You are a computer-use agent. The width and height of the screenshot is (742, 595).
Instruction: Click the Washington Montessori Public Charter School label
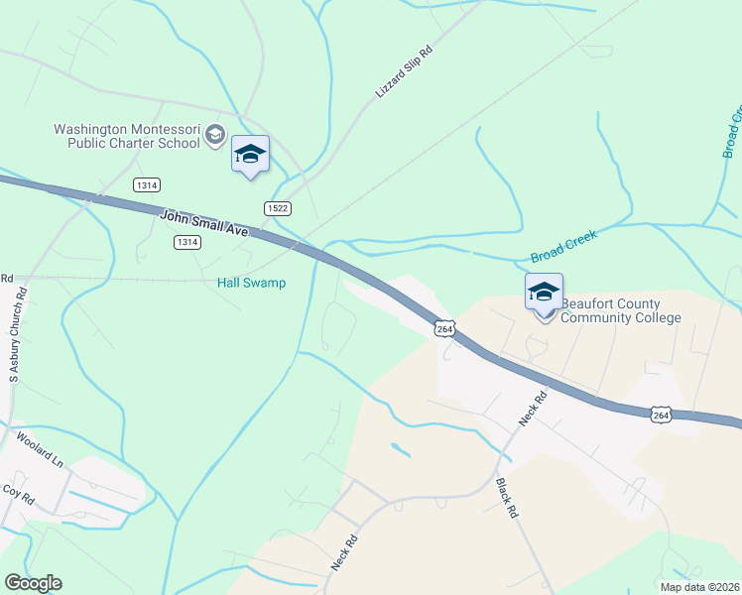(127, 136)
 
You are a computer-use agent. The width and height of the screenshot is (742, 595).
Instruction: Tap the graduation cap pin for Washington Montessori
(250, 154)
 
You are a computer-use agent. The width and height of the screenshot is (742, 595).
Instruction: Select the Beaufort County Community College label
(621, 310)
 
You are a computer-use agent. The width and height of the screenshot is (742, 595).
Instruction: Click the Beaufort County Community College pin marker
(544, 293)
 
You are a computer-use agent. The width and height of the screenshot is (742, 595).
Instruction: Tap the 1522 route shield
(277, 207)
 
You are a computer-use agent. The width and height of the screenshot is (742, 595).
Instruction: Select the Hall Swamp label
(251, 283)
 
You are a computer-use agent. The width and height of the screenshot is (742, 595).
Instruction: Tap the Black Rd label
(506, 499)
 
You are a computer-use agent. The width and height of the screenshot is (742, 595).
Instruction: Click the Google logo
(33, 583)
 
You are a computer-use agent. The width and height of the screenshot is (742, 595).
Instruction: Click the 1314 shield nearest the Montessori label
(147, 184)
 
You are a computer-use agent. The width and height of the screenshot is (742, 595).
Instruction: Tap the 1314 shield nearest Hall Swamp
(185, 242)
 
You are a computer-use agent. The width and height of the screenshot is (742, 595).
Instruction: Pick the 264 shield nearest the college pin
(444, 328)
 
